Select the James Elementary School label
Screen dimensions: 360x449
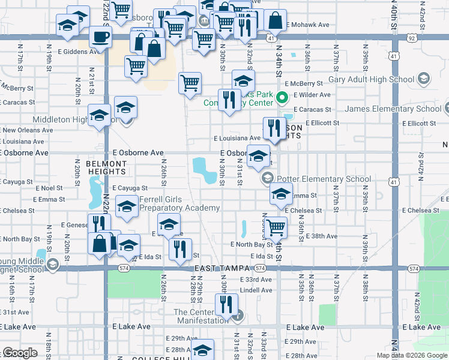(393, 109)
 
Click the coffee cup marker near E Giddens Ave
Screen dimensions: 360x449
(100, 37)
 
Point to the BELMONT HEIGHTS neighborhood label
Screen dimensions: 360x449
(106, 167)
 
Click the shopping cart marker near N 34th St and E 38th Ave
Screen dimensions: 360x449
(276, 227)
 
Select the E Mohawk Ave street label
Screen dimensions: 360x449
(309, 25)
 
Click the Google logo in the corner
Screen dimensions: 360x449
(20, 353)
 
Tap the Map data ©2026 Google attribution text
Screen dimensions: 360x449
(411, 355)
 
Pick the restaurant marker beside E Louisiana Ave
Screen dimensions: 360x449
(274, 129)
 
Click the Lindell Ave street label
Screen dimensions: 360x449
(256, 290)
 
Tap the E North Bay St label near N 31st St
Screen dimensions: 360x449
(252, 244)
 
